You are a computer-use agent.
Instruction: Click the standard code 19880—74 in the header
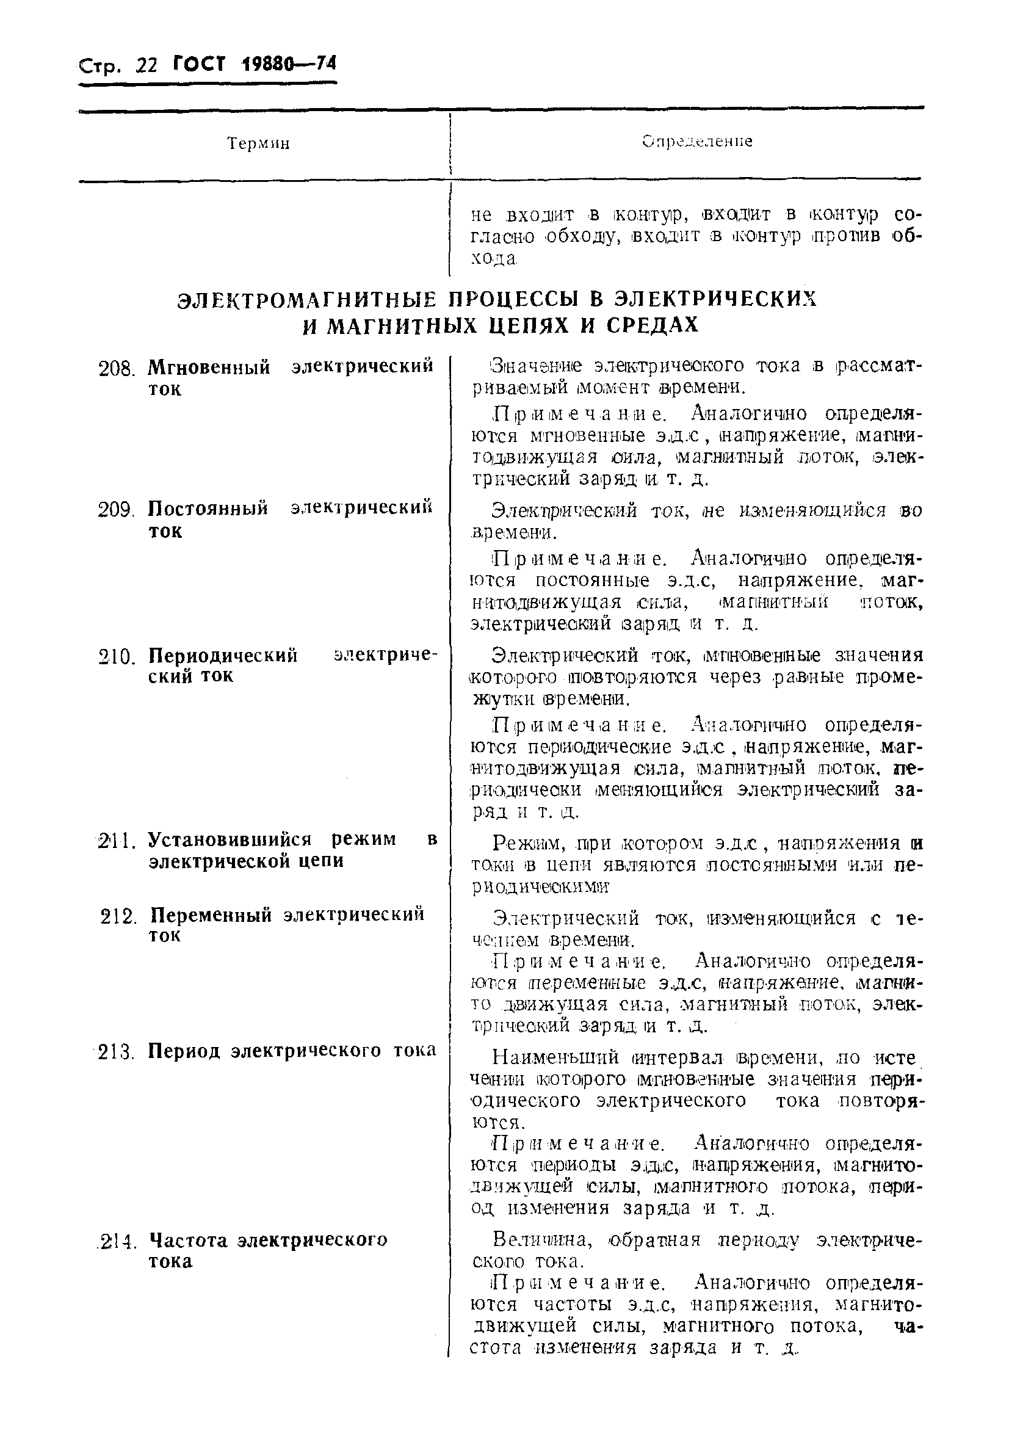click(289, 64)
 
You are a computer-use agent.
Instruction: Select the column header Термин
click(258, 144)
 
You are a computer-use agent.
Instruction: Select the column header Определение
click(698, 141)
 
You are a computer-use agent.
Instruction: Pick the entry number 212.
click(118, 917)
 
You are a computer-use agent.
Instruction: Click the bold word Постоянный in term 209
click(208, 507)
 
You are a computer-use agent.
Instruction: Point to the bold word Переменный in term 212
click(212, 915)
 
